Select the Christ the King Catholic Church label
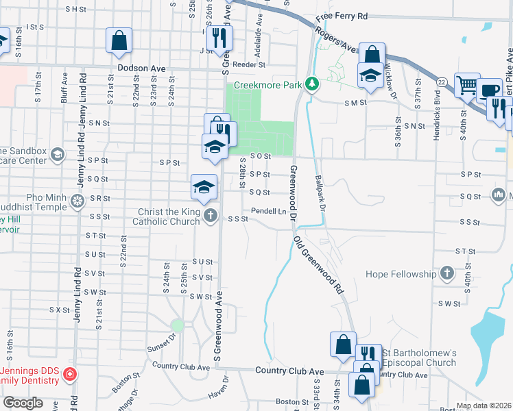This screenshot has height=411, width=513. (x=169, y=217)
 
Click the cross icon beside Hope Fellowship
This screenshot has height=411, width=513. (x=446, y=274)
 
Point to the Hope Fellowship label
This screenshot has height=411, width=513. (x=401, y=275)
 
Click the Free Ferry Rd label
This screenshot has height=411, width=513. (x=342, y=16)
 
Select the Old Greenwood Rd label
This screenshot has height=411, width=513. (x=320, y=266)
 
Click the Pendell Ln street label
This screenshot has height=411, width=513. (x=268, y=211)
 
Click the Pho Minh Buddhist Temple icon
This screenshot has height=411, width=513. (x=78, y=200)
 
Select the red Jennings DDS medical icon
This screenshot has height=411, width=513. (x=69, y=375)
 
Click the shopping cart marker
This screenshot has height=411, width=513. (x=467, y=85)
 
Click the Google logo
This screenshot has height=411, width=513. (x=23, y=403)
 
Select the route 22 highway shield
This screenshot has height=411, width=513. (x=443, y=82)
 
